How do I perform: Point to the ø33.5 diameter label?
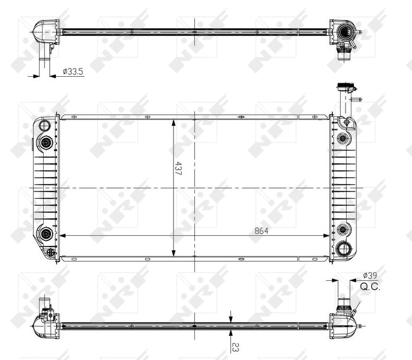point(73,72)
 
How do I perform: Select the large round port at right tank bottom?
point(344,249)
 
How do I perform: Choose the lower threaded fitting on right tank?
point(343,230)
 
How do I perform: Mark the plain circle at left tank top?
point(44,125)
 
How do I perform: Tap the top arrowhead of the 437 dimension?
point(174,122)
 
